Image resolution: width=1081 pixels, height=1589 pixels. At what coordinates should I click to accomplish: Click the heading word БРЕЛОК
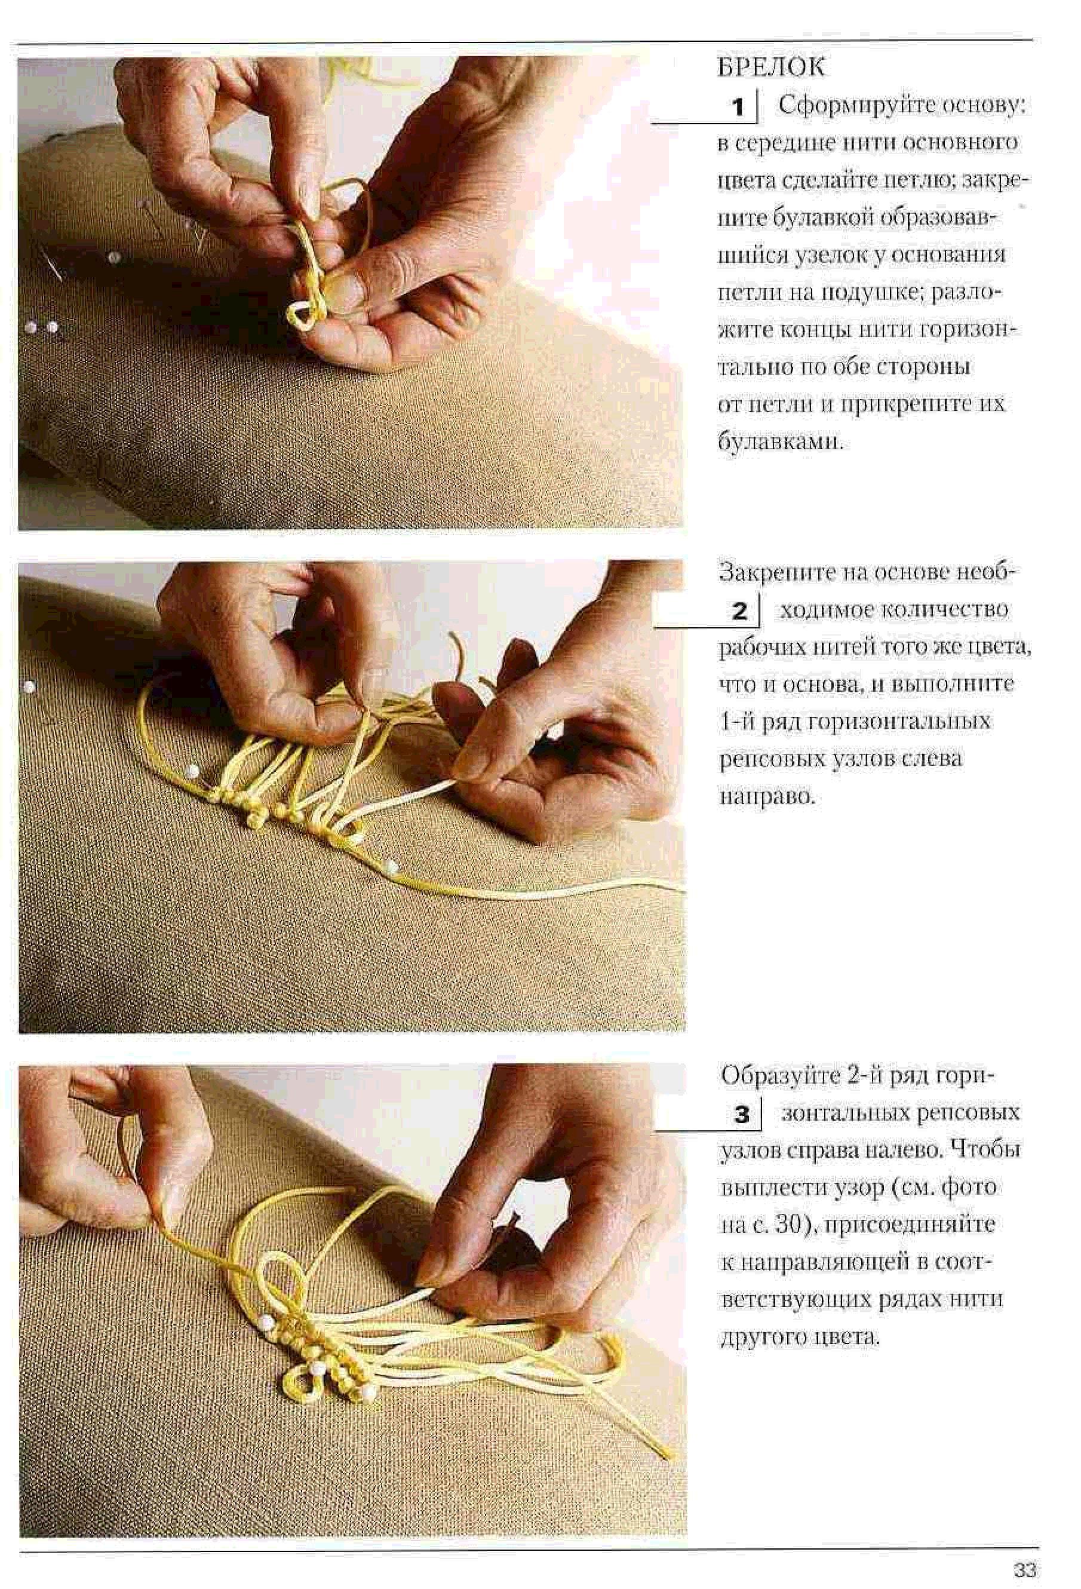coord(770,67)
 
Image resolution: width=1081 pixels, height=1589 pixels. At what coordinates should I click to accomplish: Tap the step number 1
coord(738,108)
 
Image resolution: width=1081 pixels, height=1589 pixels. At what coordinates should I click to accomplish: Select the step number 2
coord(739,611)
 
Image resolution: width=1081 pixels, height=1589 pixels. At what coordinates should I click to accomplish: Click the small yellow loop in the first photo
coord(302,313)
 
